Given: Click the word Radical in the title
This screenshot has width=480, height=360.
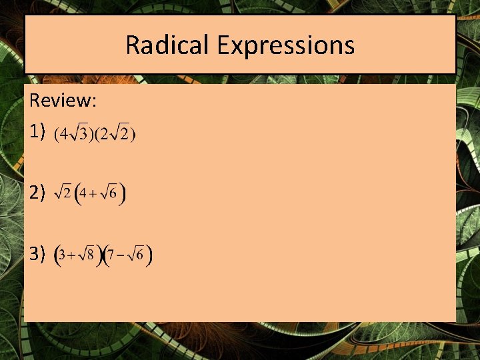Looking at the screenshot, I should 167,45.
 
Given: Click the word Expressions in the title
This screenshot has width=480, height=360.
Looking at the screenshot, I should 285,45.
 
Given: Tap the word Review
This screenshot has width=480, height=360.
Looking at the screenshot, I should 63,101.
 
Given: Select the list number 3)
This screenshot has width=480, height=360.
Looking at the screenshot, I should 37,253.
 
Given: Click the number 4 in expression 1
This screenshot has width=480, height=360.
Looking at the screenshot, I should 64,135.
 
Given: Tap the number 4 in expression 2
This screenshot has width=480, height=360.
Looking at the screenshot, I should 84,195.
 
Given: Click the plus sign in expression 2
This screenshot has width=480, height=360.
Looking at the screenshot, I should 95,195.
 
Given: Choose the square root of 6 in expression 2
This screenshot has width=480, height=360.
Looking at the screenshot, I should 111,193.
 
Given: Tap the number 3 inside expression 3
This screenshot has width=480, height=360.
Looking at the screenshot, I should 62,255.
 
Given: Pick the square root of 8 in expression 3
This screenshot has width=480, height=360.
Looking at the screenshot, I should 87,254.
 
